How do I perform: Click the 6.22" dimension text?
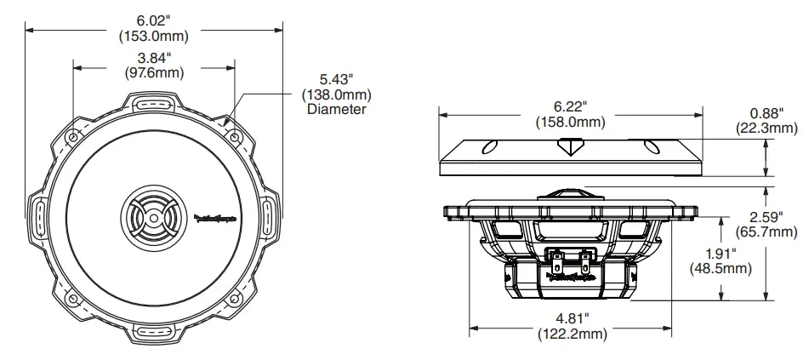[570, 106]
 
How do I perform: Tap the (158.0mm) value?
[570, 123]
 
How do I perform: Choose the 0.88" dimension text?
[766, 112]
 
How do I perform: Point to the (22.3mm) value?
[766, 129]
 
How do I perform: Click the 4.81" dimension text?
[570, 318]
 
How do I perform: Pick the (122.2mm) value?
[570, 334]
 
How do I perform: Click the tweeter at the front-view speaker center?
[151, 219]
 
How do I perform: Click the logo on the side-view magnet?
[571, 275]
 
